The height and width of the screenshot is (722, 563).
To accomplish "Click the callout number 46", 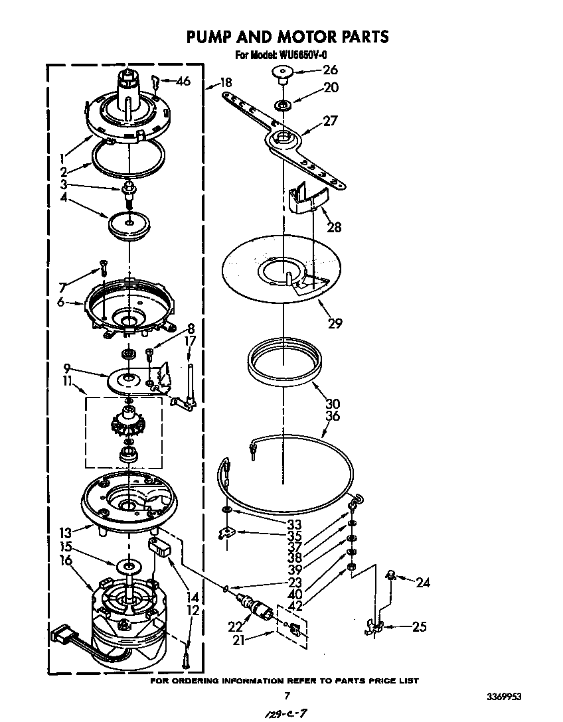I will [x=183, y=81].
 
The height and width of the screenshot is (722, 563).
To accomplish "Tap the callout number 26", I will [x=330, y=70].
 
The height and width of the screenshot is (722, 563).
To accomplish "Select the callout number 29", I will [x=335, y=323].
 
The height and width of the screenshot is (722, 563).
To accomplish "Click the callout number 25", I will [x=419, y=626].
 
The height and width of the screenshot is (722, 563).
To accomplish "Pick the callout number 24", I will [x=423, y=583].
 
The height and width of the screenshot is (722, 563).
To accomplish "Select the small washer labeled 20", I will [x=283, y=104].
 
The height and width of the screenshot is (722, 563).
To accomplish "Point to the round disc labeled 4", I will [x=130, y=224].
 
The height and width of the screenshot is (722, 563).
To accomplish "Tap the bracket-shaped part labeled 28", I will [x=310, y=198].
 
